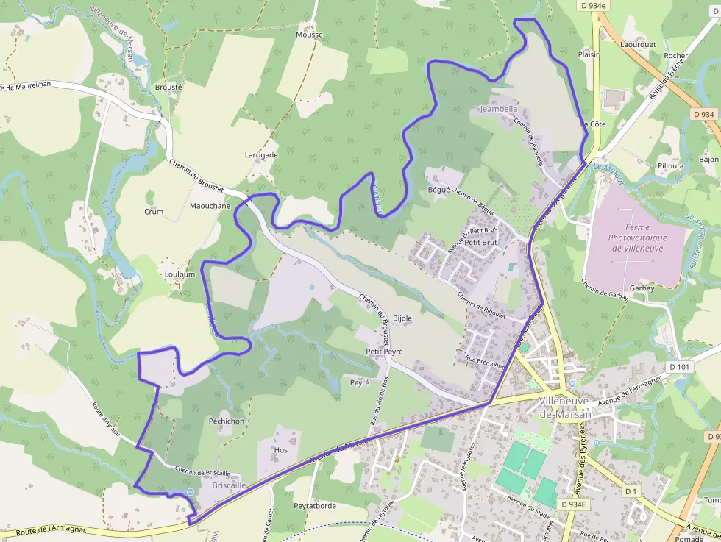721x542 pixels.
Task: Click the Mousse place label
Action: coord(309,35)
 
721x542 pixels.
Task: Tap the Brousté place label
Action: coord(168,86)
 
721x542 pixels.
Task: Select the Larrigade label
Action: coord(261,155)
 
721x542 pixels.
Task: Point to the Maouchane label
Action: coord(210,206)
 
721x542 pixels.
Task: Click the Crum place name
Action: coord(154,212)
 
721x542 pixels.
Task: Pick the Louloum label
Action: coord(180,274)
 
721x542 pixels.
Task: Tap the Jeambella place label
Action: coord(498,109)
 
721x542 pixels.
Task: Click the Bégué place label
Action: coord(438,189)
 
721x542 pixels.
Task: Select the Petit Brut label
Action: coord(481,242)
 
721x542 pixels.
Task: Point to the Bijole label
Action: coord(402,318)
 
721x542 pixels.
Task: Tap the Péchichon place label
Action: coord(227,421)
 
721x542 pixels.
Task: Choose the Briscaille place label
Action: coord(229,485)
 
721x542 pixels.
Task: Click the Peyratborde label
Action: coord(315,506)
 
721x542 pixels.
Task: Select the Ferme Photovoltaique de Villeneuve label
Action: coord(636,238)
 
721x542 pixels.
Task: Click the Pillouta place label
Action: coord(670,166)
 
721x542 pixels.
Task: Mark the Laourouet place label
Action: coord(638,44)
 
